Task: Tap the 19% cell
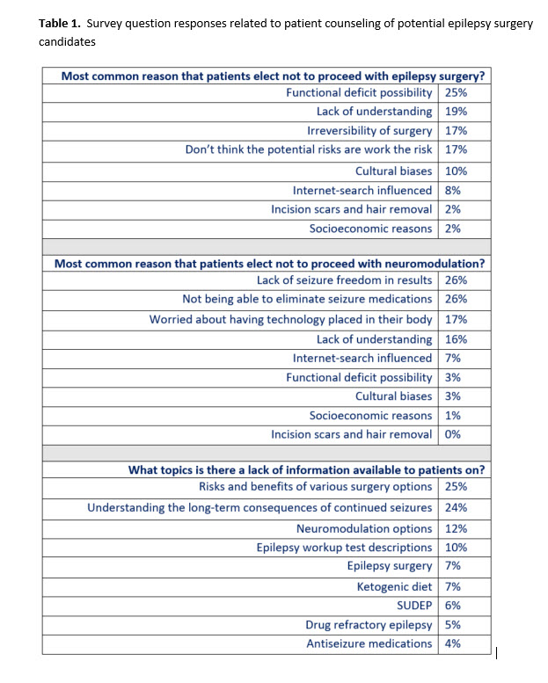tap(456, 112)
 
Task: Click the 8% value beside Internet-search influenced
tap(453, 190)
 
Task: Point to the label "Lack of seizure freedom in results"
tap(344, 280)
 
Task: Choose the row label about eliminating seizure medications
tap(307, 300)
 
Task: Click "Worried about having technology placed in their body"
tap(290, 319)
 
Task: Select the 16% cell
tap(456, 339)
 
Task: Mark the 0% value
tap(453, 434)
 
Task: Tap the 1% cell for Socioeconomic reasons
tap(453, 415)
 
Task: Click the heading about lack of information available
tap(306, 469)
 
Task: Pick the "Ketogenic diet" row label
tap(394, 586)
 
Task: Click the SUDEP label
tap(414, 606)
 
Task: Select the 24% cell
tap(456, 508)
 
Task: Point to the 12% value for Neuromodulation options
tap(456, 528)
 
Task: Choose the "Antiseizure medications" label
tap(369, 643)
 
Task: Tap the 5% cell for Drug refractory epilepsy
tap(453, 625)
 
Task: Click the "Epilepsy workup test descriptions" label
tap(344, 548)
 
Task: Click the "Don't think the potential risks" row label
tap(308, 150)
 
